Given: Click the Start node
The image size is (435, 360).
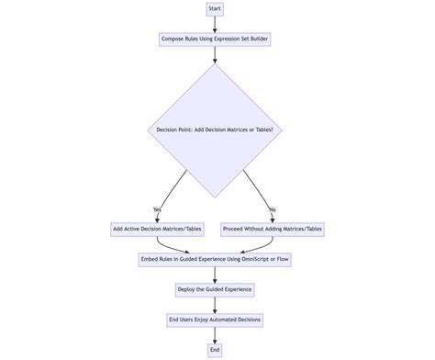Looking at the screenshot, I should (215, 9).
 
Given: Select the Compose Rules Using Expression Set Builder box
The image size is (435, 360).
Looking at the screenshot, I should (215, 39).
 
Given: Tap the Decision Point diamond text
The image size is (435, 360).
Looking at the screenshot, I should (215, 129).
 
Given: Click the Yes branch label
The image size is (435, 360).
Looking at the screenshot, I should (157, 209).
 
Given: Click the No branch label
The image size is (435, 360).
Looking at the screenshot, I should (273, 209).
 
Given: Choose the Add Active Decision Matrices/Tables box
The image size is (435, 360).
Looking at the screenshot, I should (157, 229).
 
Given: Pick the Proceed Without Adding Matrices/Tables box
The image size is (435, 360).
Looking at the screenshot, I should (273, 229).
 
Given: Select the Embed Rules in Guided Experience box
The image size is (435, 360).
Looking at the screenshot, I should (215, 260).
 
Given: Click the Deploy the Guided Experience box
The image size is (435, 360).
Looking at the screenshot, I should (215, 289).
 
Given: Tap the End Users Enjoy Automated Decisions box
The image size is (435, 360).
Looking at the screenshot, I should (215, 320).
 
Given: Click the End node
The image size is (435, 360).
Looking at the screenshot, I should (215, 350).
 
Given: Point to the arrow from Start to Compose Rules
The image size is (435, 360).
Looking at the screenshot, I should (215, 24).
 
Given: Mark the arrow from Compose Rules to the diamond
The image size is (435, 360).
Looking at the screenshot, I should (215, 55).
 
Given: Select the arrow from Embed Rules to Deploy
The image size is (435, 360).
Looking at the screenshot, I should (215, 275).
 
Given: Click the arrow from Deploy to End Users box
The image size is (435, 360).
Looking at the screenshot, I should (215, 304).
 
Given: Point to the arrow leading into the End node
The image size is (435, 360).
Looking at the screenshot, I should (215, 334).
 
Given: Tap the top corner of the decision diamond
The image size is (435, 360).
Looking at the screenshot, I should (215, 63).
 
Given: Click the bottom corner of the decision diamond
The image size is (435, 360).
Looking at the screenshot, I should (215, 197).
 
